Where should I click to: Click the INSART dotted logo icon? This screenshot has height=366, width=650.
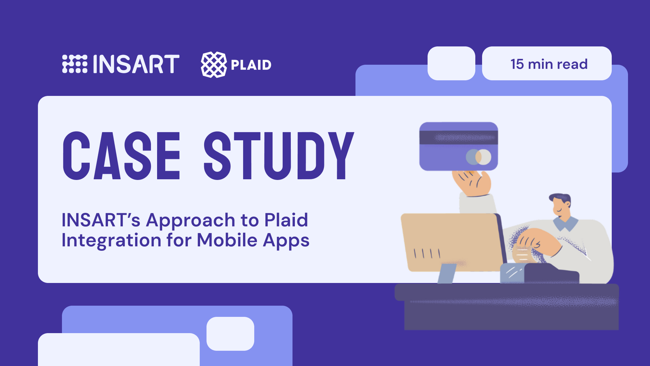(75, 64)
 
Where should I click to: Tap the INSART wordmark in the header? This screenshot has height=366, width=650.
(136, 64)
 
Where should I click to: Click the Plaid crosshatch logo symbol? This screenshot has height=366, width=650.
(214, 64)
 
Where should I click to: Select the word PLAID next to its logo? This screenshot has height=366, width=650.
(251, 65)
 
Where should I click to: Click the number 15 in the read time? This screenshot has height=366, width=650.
(517, 64)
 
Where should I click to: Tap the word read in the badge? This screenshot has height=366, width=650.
(572, 64)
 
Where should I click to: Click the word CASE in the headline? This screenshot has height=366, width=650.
(121, 156)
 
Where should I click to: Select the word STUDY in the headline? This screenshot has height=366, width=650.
(279, 156)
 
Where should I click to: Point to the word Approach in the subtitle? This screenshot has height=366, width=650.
(191, 221)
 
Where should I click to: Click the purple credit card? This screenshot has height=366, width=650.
(458, 146)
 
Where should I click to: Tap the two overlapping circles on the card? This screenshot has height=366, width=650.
(478, 157)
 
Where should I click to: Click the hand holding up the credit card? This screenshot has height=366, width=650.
(473, 183)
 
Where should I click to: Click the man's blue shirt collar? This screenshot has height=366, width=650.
(566, 223)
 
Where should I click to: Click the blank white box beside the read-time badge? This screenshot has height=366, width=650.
(451, 63)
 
